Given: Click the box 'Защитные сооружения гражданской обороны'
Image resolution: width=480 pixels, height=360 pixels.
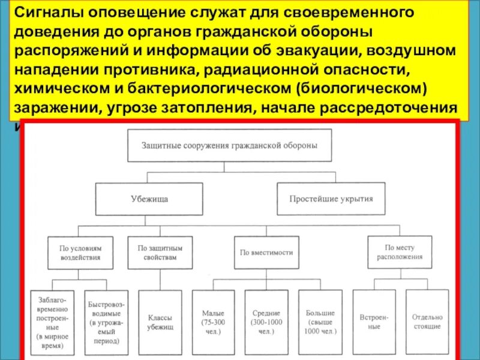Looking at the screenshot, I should [x=229, y=145].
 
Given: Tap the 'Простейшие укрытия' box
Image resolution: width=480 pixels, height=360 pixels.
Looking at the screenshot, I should [x=331, y=199].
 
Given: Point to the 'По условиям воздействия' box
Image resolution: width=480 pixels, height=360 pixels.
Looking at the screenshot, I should [x=80, y=252].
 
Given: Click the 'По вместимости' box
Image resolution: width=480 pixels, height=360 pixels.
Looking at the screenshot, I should [x=266, y=253].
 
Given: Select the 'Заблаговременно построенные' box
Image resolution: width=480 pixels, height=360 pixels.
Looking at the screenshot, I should [x=53, y=322].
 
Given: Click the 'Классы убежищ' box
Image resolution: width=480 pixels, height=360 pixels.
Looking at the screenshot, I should [x=160, y=322].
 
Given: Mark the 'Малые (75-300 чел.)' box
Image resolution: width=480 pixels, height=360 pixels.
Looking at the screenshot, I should [x=213, y=322].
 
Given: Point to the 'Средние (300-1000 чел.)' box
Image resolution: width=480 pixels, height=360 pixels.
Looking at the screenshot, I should [x=266, y=322].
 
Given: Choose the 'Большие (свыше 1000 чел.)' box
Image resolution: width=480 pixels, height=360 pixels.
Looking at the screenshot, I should [x=320, y=322].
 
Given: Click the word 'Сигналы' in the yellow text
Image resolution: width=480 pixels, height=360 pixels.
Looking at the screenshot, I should [x=44, y=13].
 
